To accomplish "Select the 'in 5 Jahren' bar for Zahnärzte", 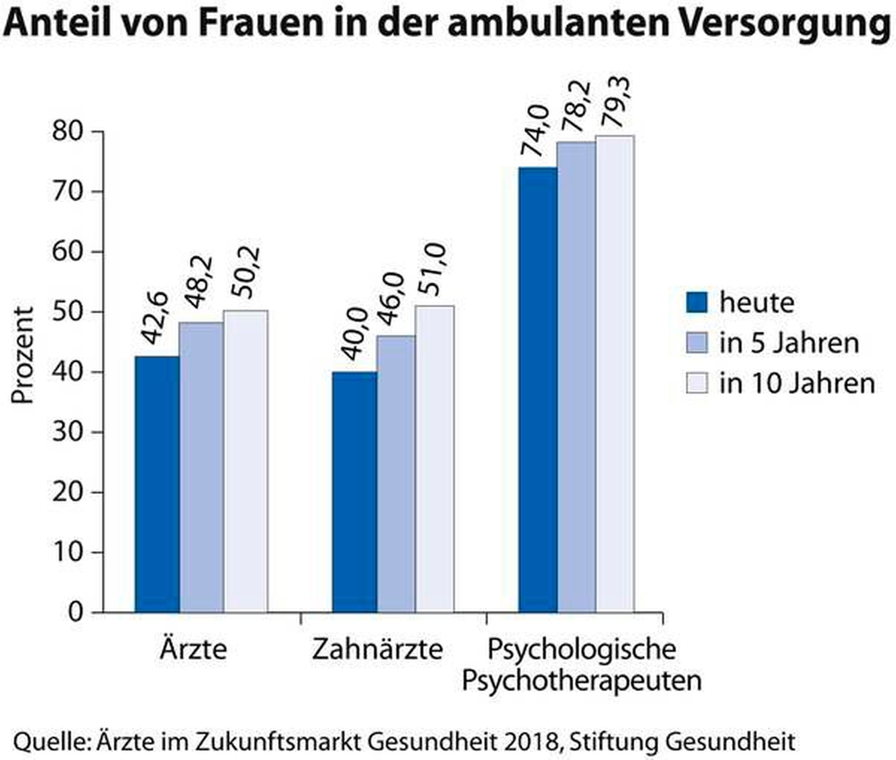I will click(x=396, y=474).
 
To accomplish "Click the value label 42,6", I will click(x=156, y=318).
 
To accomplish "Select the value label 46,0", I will click(x=391, y=299).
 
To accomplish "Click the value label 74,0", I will click(x=535, y=130).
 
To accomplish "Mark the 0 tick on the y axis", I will click(x=75, y=612).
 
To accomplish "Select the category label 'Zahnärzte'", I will click(x=377, y=649).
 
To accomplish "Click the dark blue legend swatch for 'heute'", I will click(x=697, y=302).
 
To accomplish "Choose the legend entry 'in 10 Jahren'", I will click(x=796, y=383).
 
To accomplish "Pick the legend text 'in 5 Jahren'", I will click(x=789, y=343).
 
